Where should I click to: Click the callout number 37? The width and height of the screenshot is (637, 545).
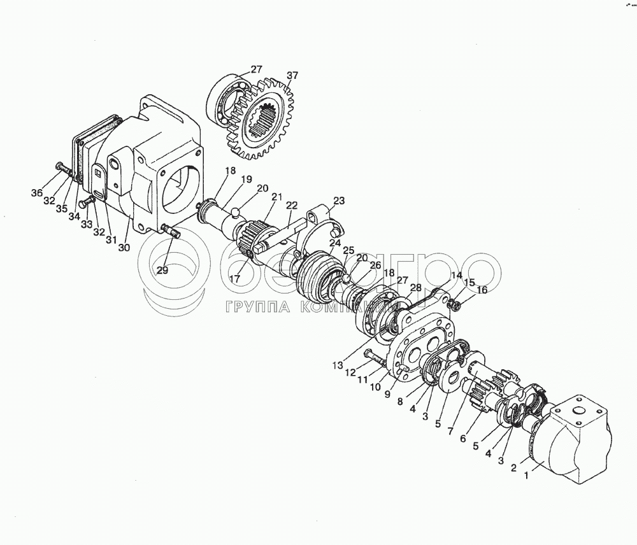tap(291, 76)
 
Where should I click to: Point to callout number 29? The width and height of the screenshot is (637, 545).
tap(163, 270)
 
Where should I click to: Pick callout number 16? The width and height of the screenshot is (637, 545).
tap(482, 290)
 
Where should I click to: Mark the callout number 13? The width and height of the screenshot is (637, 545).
tap(338, 365)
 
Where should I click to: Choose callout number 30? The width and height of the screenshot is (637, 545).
tap(124, 248)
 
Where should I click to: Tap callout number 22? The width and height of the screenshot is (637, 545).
tap(292, 205)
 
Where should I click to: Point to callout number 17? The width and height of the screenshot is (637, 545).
tap(234, 278)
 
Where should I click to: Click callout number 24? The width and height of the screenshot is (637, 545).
tap(334, 243)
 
